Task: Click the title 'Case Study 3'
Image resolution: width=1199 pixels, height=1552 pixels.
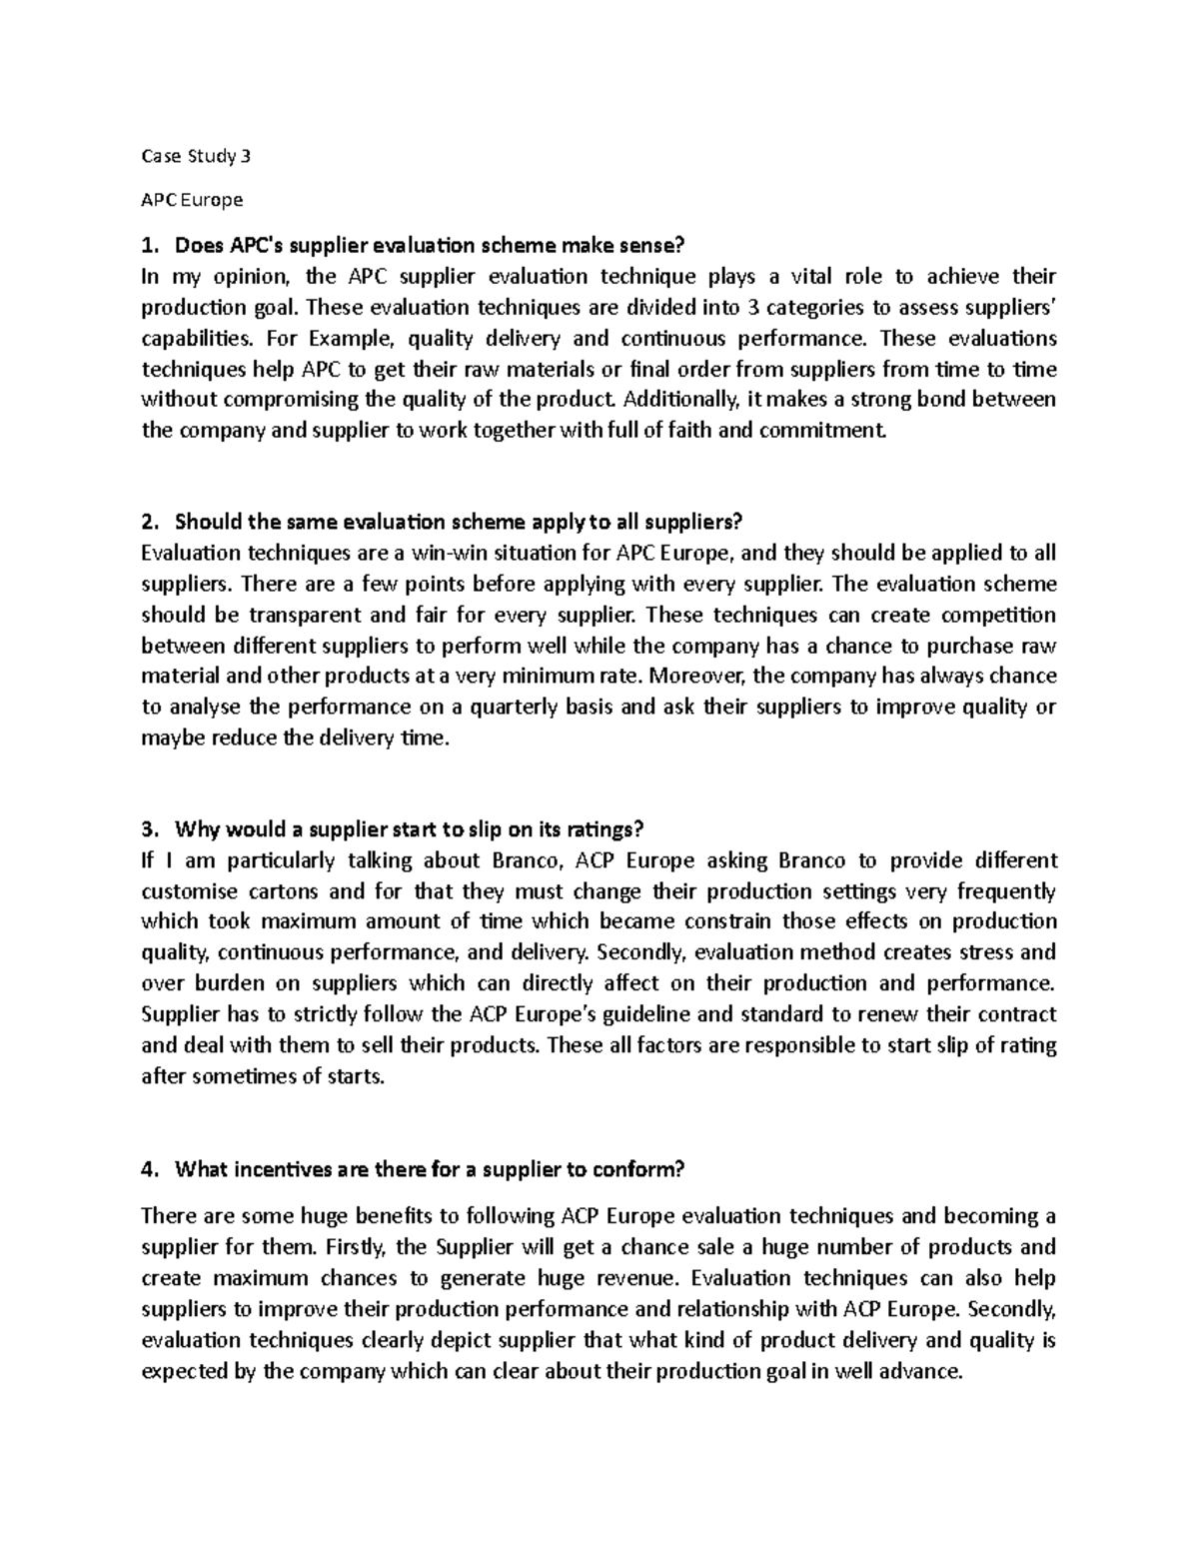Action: [x=197, y=156]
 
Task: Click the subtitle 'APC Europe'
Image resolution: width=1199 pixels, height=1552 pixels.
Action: [x=192, y=200]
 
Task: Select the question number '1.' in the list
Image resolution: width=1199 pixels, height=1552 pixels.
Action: [x=150, y=245]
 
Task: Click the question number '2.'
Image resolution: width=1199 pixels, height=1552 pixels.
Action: [x=150, y=523]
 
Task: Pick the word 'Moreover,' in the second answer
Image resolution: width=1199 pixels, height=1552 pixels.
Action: [x=696, y=677]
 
